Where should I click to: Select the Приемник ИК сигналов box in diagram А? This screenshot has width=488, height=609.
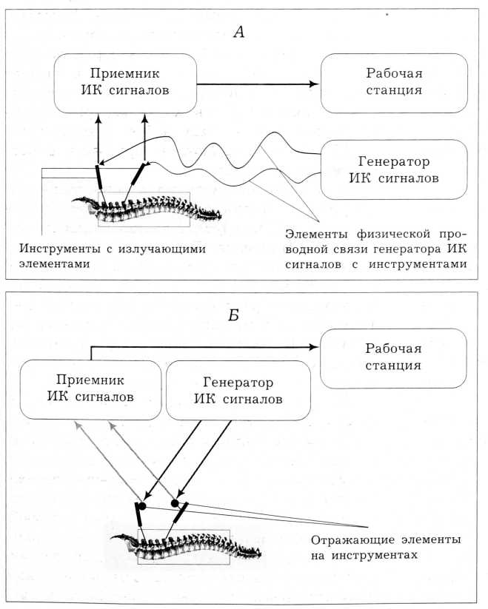(124, 82)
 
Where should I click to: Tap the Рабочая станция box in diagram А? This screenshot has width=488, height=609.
(394, 82)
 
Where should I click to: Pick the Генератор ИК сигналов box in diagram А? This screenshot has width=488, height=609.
(394, 169)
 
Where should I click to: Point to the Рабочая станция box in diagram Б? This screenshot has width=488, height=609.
(394, 357)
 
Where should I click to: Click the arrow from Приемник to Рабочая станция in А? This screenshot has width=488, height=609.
(259, 84)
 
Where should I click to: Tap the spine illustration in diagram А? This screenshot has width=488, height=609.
(148, 208)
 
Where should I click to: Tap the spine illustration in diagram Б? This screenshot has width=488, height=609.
(185, 546)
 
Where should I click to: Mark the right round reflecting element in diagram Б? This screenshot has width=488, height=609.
(176, 503)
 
